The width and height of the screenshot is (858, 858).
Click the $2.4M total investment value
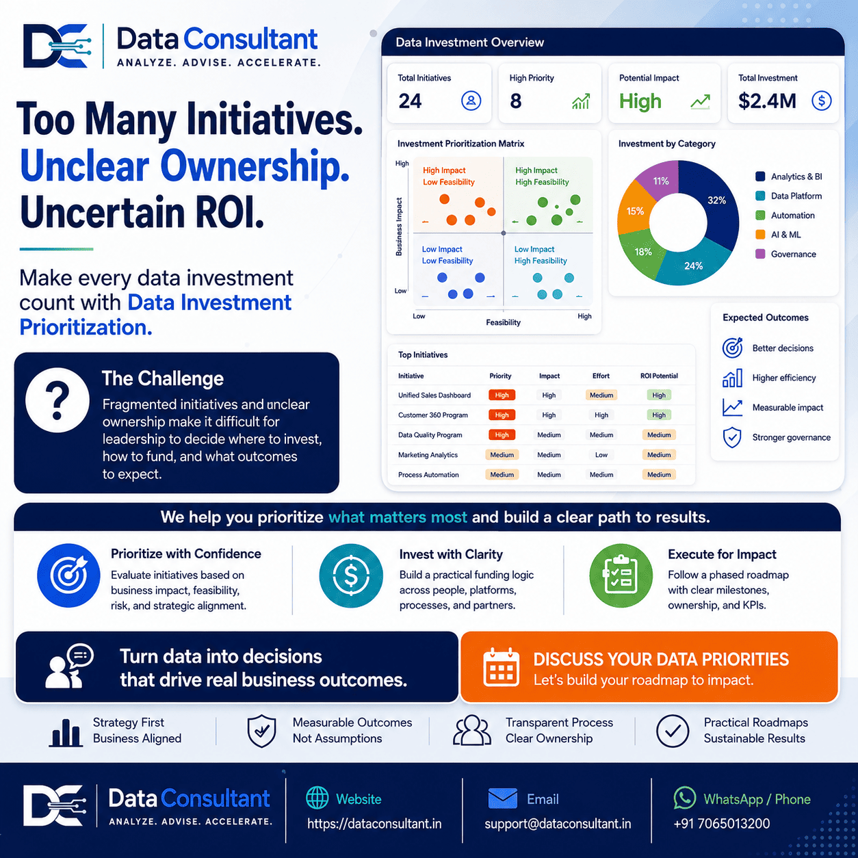[x=767, y=101]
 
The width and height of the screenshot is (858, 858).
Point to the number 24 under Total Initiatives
[x=410, y=101]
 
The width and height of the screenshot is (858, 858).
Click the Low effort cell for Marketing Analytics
[x=601, y=454]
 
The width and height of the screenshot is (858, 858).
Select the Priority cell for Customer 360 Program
[x=502, y=415]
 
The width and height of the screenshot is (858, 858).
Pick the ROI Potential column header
[x=659, y=376]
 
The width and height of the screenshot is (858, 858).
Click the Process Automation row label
[x=428, y=475]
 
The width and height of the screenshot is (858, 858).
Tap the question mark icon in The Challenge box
[x=57, y=400]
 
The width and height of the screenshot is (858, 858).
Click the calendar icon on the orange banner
[x=501, y=666]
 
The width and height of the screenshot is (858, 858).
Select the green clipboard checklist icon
[x=621, y=575]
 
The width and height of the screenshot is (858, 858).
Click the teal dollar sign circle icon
[x=351, y=575]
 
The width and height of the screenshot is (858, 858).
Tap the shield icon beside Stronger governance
[x=732, y=437]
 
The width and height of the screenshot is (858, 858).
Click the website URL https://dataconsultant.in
[x=374, y=824]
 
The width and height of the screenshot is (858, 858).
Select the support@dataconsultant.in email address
[x=558, y=824]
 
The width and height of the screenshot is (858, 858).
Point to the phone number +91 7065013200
[x=721, y=824]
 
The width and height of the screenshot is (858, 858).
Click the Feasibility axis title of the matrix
[x=503, y=322]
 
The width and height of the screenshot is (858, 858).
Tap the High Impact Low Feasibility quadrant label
[x=448, y=176]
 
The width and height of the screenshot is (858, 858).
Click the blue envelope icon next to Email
[x=502, y=798]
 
